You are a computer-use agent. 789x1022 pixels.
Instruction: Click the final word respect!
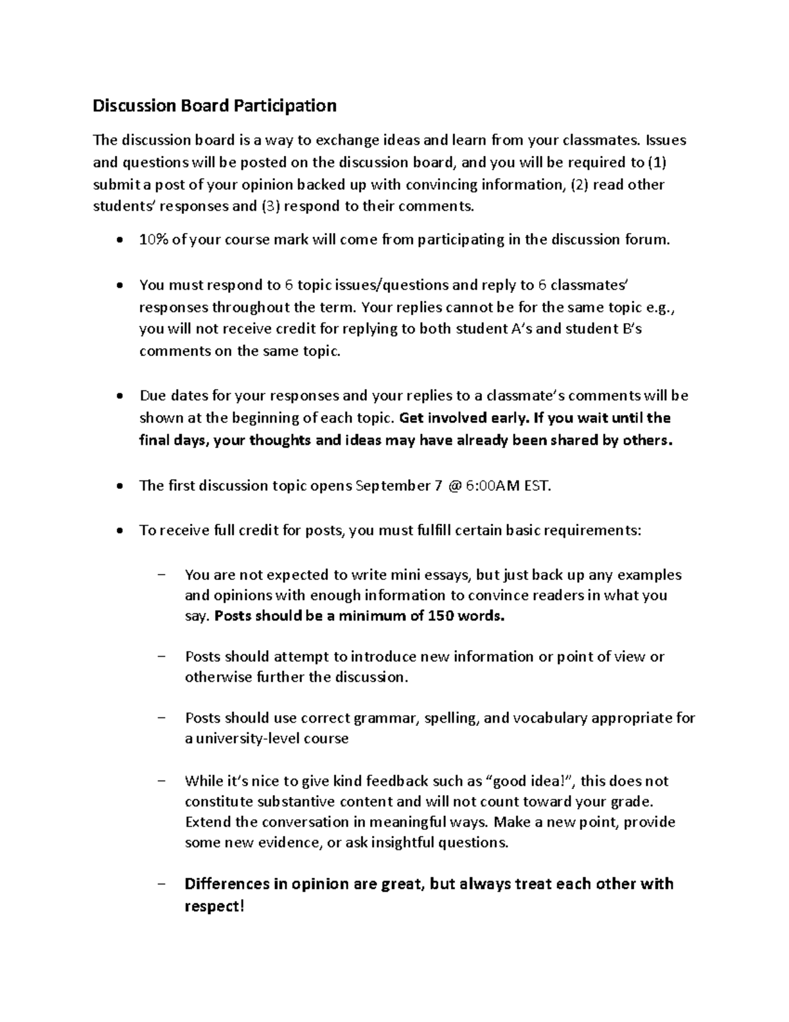coord(214,906)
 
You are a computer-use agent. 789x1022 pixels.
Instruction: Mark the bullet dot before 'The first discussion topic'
coord(118,486)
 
